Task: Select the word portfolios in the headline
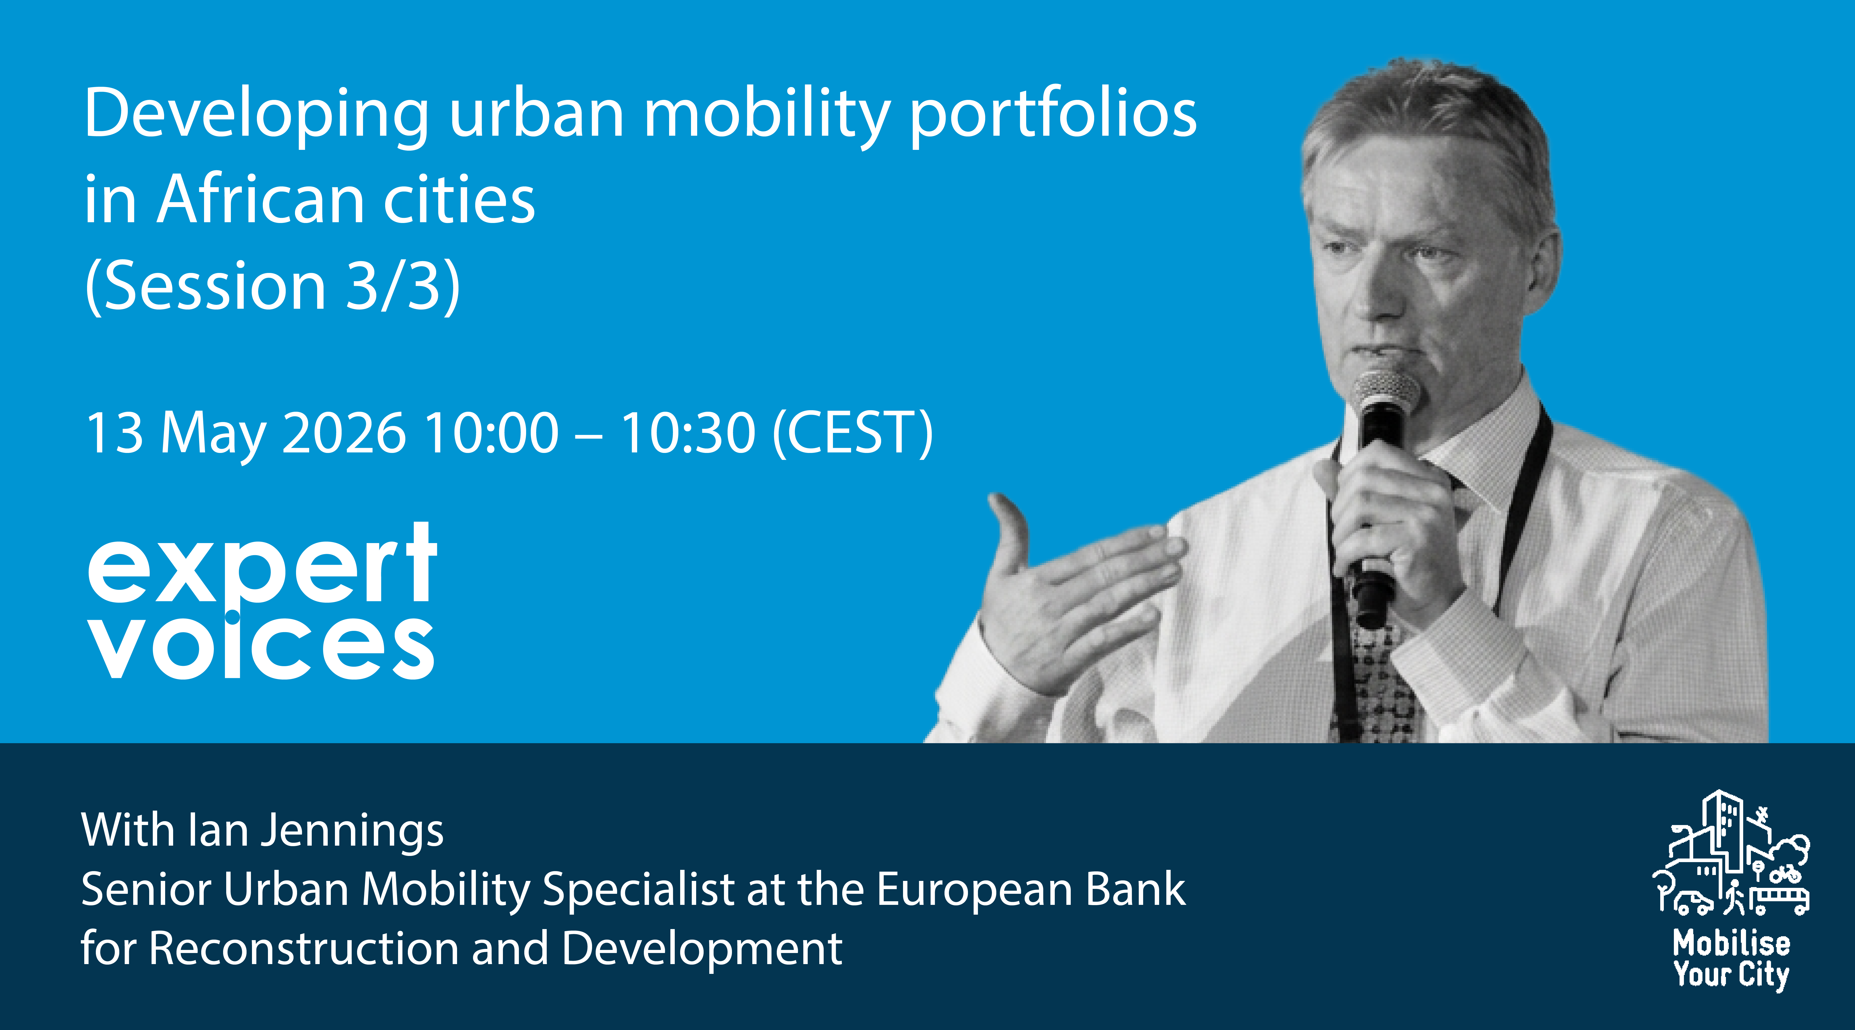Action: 1053,115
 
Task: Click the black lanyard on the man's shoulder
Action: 1530,504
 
